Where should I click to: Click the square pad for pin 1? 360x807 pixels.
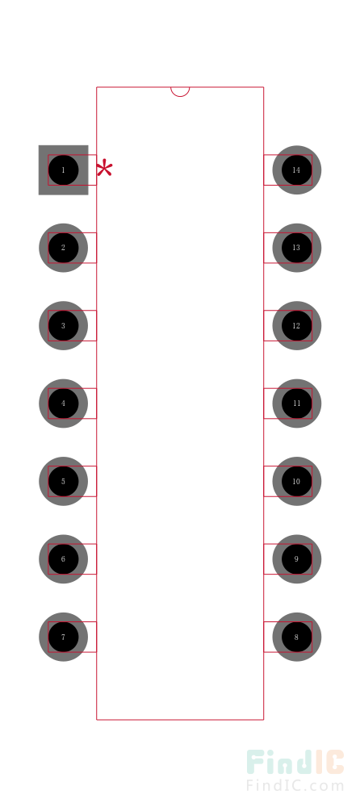pyautogui.click(x=63, y=169)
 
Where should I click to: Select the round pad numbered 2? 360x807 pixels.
pyautogui.click(x=63, y=248)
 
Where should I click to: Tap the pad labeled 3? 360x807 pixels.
pyautogui.click(x=63, y=325)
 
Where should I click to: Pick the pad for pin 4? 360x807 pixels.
pyautogui.click(x=63, y=403)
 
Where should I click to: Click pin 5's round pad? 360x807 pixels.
pyautogui.click(x=63, y=481)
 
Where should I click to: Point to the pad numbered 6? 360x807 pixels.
pyautogui.click(x=63, y=559)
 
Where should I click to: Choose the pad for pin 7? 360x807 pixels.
pyautogui.click(x=63, y=637)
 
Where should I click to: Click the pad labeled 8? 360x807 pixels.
pyautogui.click(x=297, y=637)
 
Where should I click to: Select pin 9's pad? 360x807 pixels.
pyautogui.click(x=297, y=559)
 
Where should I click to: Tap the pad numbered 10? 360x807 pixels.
pyautogui.click(x=297, y=481)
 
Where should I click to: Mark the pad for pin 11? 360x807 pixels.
pyautogui.click(x=297, y=403)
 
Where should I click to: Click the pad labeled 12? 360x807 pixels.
pyautogui.click(x=297, y=325)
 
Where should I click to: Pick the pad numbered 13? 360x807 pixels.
pyautogui.click(x=297, y=248)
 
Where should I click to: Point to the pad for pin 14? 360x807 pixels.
pyautogui.click(x=297, y=169)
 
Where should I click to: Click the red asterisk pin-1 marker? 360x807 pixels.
pyautogui.click(x=105, y=169)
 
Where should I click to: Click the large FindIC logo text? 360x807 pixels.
pyautogui.click(x=295, y=763)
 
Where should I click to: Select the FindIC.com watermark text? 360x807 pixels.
pyautogui.click(x=295, y=786)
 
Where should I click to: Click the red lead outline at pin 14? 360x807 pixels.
pyautogui.click(x=288, y=155)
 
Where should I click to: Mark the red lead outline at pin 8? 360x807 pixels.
pyautogui.click(x=288, y=621)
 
